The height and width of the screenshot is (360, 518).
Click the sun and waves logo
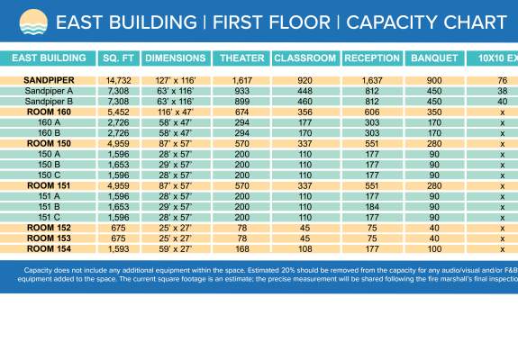coord(28,21)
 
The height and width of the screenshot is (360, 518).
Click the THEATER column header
coord(241,58)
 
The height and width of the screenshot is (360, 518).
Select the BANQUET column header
coord(433,58)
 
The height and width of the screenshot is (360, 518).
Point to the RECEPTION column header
coord(372,58)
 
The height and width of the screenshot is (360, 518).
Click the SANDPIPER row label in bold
coord(49,81)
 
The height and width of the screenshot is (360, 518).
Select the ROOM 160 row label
coord(49,112)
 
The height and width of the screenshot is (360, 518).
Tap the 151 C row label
coord(49,217)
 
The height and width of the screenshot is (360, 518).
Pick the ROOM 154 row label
coord(49,248)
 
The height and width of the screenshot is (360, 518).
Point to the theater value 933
coord(241,92)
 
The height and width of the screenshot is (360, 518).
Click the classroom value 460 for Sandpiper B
coord(304,102)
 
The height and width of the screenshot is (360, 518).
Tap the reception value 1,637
coord(372,81)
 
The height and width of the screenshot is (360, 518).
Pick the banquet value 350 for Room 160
coord(433,112)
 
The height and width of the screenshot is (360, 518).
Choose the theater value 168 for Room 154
coord(241,248)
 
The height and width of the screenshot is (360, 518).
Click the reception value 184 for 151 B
coord(372,206)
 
